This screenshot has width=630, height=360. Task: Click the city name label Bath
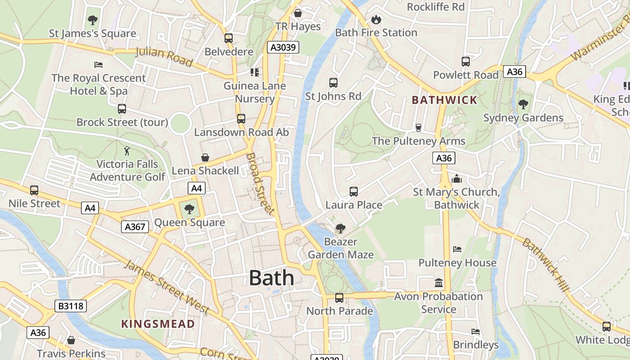coord(271,278)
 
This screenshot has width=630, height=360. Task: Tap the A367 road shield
coord(135,227)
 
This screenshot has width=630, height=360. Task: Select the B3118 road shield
coord(70,306)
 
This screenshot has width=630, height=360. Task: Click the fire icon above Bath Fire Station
coord(376,19)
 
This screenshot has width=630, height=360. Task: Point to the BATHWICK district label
coord(444,100)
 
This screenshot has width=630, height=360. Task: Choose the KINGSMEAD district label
coord(158,324)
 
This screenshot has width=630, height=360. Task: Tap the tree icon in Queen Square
coord(189,209)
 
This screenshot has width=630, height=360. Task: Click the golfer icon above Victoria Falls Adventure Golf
coord(127,151)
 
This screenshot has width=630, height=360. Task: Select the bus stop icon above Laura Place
coord(354,192)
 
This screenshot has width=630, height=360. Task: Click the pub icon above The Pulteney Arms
coord(418,128)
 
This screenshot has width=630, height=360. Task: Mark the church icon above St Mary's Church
coord(457,179)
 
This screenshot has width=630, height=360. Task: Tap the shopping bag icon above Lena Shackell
coord(205,157)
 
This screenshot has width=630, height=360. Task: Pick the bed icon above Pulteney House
coord(457,249)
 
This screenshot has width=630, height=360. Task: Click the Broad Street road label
coord(260,184)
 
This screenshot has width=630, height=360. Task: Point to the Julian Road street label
coord(164,57)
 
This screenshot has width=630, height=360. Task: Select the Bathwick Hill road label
coord(546,265)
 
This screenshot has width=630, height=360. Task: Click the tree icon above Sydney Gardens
coord(523,104)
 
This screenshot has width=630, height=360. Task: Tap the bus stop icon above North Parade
coord(339,297)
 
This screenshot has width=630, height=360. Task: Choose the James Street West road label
coord(166,287)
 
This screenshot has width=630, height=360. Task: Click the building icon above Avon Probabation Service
coord(439,283)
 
